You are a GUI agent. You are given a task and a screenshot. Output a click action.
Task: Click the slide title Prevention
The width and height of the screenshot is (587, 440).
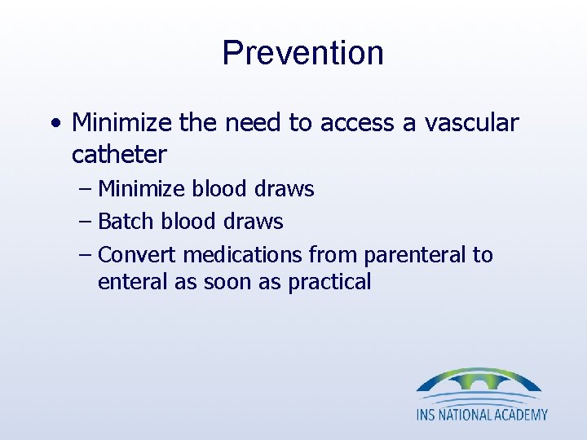(x=302, y=54)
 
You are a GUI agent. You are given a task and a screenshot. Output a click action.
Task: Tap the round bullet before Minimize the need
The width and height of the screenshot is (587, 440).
(x=55, y=124)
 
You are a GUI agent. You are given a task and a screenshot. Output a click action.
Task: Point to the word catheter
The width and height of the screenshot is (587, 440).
(x=118, y=154)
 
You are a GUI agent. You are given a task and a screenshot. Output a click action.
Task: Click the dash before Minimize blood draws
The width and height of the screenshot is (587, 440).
(x=86, y=189)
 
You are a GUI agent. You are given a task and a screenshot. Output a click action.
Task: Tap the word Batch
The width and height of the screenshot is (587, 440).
(x=126, y=222)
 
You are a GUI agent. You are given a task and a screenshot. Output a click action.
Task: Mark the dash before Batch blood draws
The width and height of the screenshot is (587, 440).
(x=86, y=222)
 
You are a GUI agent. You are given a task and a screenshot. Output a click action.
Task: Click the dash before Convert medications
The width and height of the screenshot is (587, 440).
(x=86, y=255)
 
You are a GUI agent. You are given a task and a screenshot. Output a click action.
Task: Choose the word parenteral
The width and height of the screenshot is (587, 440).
(x=415, y=255)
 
